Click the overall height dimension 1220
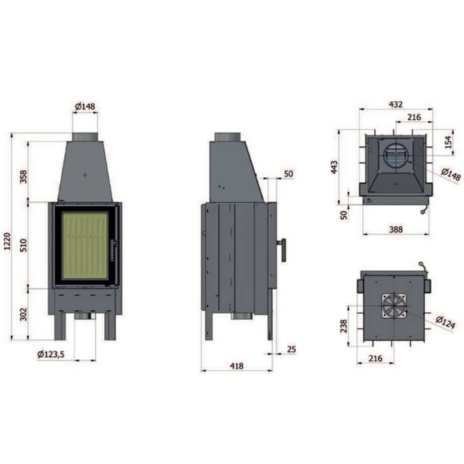coord(7,241)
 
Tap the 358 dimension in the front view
coord(23,177)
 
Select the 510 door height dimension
coord(23,245)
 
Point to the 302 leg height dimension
coord(23,314)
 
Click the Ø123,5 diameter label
coord(51,354)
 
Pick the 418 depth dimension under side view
coord(237,366)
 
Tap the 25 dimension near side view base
coord(292,349)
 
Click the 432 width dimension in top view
coord(396,105)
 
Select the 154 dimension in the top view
coord(449,143)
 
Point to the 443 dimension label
coord(334,167)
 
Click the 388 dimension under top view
coord(396,229)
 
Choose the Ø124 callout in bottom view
coord(445,323)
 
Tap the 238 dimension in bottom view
coord(344,326)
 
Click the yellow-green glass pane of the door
coord(85,246)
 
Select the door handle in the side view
coord(282,249)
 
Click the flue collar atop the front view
coord(85,137)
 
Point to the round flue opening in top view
coord(396,156)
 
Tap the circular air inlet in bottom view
coord(394,306)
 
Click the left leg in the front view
coord(60,326)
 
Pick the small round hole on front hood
coord(86,175)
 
